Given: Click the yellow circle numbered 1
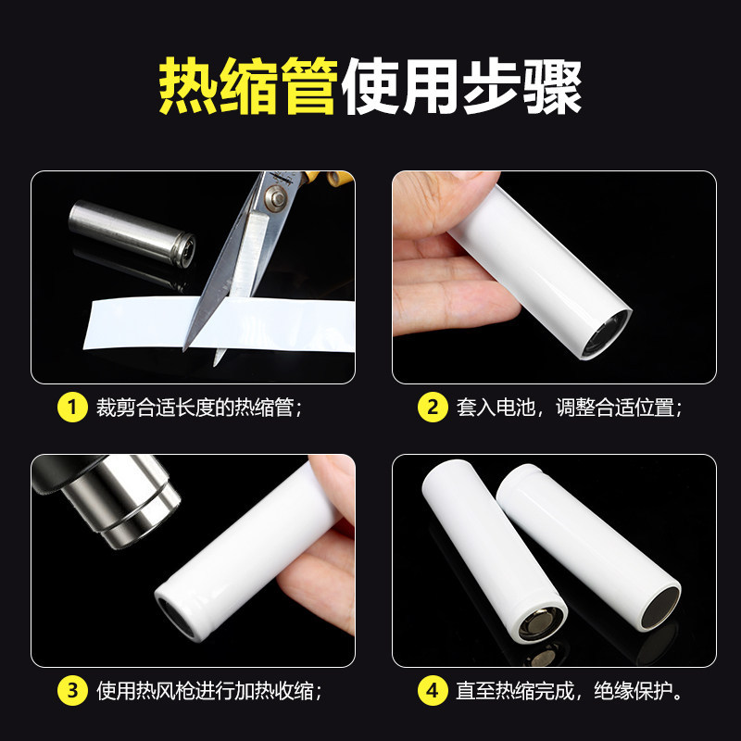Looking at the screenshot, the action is coord(72,407).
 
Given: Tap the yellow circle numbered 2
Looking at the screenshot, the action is coord(433,407).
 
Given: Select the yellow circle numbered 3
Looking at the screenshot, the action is coord(72,690).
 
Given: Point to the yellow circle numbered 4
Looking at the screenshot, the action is coord(433,690).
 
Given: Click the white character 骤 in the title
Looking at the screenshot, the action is coord(552,86).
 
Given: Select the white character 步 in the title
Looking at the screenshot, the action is coord(492,86).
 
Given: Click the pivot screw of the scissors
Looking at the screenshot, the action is coord(274,196).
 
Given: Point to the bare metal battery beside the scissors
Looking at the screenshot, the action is coord(132,233).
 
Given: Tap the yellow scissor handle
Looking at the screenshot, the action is coord(330,177).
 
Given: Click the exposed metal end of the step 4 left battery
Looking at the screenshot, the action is coord(541,623).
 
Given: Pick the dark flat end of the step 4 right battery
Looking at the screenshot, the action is coord(660,609).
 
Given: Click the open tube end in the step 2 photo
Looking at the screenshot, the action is coord(607,333).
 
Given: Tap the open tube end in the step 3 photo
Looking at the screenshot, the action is coord(176,617).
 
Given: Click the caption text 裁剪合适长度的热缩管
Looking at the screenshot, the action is coord(195,408).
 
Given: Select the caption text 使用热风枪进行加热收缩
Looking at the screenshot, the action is coord(205,691).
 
